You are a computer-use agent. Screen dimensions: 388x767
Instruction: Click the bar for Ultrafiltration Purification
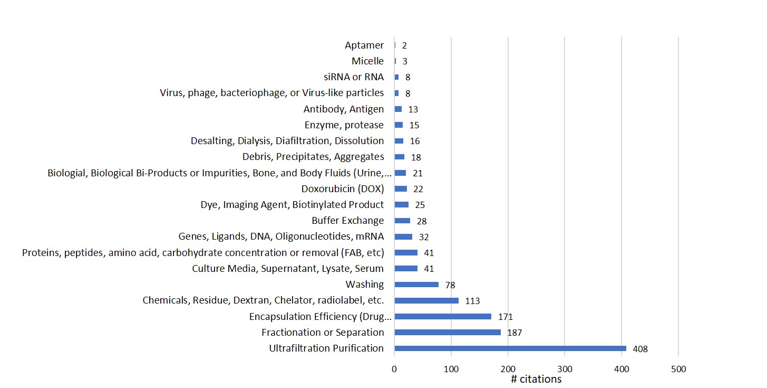pos(510,348)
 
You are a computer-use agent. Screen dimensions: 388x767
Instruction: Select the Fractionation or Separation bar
pos(448,333)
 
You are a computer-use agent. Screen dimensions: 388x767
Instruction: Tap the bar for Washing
pos(416,285)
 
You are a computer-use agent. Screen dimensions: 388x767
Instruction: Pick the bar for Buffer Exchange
pos(402,221)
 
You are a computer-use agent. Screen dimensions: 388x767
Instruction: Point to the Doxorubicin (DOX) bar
pos(401,189)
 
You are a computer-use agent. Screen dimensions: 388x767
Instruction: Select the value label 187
pos(514,333)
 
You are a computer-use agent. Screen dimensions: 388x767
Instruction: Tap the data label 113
pos(472,301)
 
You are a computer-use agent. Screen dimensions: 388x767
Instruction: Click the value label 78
pos(450,285)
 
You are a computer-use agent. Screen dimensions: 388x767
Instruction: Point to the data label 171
pos(505,317)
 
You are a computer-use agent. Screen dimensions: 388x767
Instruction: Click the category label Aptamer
pos(364,45)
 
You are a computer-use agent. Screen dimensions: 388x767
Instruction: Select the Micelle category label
pos(367,61)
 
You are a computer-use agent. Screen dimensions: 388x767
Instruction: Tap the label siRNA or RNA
pos(354,77)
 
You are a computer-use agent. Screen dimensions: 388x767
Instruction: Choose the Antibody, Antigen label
pos(344,109)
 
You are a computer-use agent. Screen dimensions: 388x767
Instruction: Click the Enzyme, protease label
pos(344,125)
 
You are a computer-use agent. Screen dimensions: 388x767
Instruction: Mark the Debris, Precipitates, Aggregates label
pos(313,157)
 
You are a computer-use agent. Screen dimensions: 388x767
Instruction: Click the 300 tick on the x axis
pos(565,369)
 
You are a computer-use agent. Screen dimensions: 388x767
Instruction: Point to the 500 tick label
pos(678,369)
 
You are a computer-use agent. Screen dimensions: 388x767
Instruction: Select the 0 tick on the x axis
pos(394,369)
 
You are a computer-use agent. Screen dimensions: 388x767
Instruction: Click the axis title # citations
pos(536,379)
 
